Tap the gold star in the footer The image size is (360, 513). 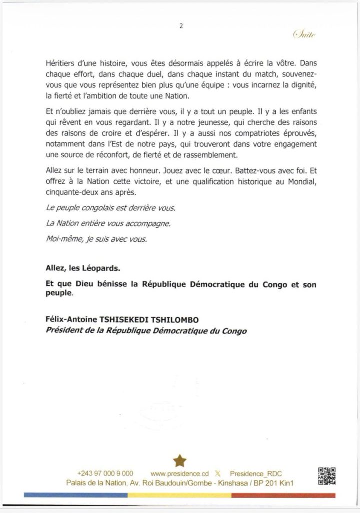pos(179,460)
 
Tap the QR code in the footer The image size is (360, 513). pos(327,476)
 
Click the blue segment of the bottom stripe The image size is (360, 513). pos(75,495)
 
